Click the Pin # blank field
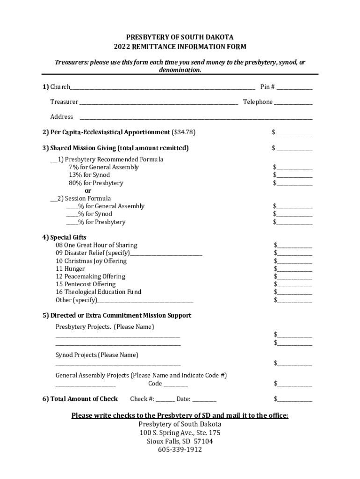[295, 87]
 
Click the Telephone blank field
[293, 102]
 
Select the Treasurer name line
[158, 102]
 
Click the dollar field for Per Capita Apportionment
[295, 133]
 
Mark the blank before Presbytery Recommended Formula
[53, 160]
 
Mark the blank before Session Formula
[53, 199]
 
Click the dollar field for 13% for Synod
[295, 175]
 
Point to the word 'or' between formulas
[88, 191]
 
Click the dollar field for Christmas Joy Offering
[295, 261]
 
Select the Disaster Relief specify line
[166, 254]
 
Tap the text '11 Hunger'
[70, 269]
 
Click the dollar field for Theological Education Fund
[295, 292]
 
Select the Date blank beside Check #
[204, 399]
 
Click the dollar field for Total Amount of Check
[295, 399]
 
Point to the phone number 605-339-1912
[180, 450]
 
